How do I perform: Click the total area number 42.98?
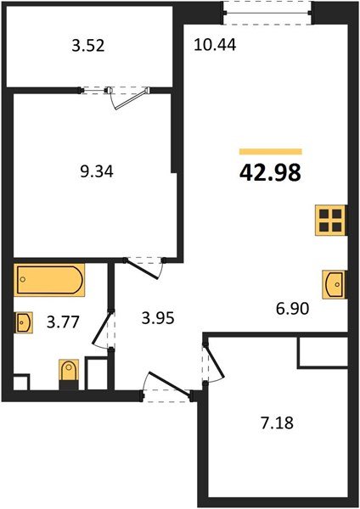click(270, 173)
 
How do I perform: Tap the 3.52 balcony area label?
click(88, 46)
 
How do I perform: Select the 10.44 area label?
click(215, 45)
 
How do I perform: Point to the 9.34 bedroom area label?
click(97, 171)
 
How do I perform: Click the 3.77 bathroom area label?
click(63, 322)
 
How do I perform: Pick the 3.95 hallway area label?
click(158, 318)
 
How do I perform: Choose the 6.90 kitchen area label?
click(292, 309)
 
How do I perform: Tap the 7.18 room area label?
click(277, 423)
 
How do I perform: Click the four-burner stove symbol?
click(329, 220)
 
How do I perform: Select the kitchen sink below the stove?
click(334, 285)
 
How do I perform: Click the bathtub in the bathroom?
click(49, 280)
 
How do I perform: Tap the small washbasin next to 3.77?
click(24, 322)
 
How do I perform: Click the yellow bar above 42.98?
click(271, 151)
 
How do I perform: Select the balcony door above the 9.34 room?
click(128, 98)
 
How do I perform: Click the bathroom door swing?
click(104, 329)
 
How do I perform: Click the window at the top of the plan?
click(267, 13)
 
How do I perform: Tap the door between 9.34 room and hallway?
click(144, 268)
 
